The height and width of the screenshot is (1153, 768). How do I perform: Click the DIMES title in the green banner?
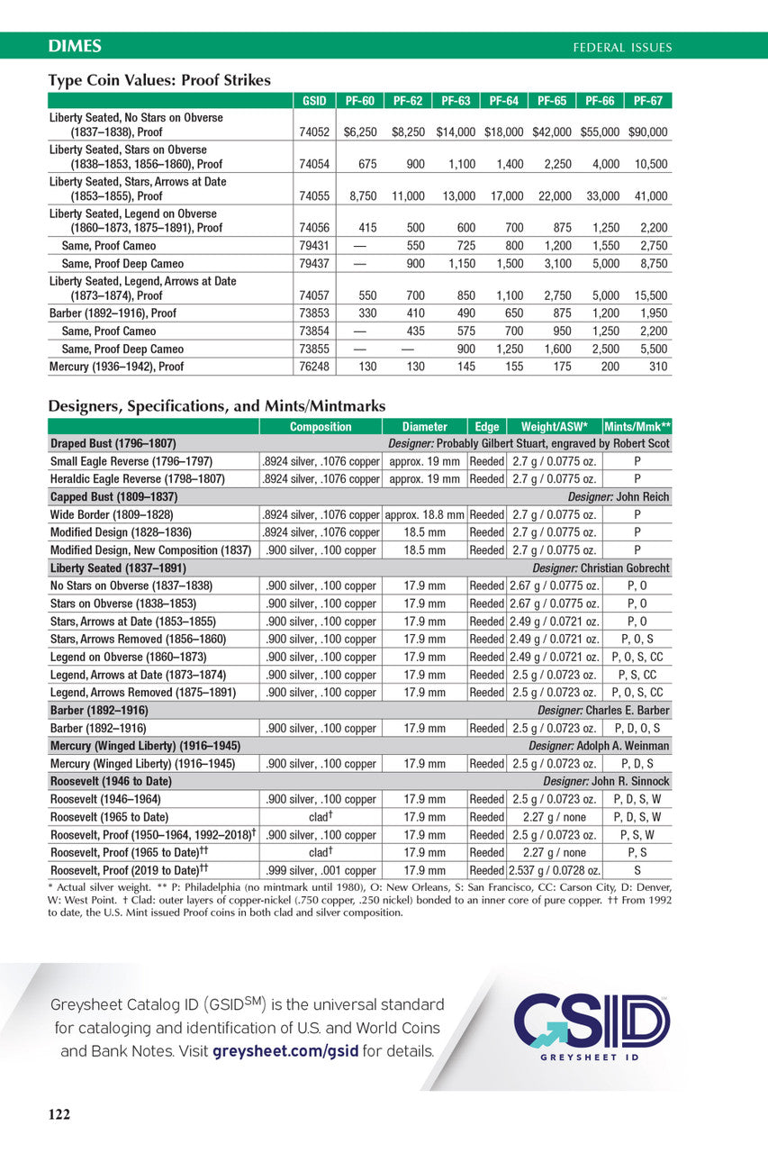pyautogui.click(x=75, y=46)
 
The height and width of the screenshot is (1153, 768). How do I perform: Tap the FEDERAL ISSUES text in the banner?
pyautogui.click(x=622, y=47)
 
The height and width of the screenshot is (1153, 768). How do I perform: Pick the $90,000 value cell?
pyautogui.click(x=648, y=132)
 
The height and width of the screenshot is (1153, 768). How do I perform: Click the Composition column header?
pyautogui.click(x=321, y=427)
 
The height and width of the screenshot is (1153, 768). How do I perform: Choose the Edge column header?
pyautogui.click(x=486, y=427)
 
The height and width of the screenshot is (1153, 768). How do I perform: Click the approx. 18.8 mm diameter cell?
pyautogui.click(x=424, y=514)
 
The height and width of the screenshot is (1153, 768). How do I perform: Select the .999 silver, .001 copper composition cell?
pyautogui.click(x=321, y=870)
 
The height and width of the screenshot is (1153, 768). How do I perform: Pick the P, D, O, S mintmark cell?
pyautogui.click(x=637, y=728)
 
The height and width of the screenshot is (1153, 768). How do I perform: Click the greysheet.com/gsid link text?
pyautogui.click(x=285, y=1051)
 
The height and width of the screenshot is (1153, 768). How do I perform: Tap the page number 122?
pyautogui.click(x=59, y=1115)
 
